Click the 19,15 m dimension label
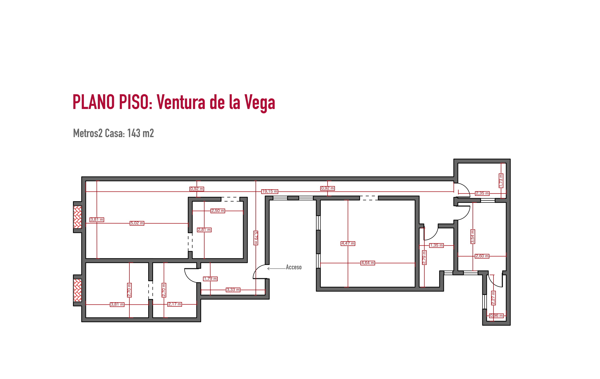pyautogui.click(x=270, y=192)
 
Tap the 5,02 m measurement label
pyautogui.click(x=137, y=223)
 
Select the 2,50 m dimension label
pyautogui.click(x=218, y=211)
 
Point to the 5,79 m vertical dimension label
pyautogui.click(x=256, y=238)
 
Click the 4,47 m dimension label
pyautogui.click(x=348, y=244)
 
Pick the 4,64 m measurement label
pyautogui.click(x=368, y=263)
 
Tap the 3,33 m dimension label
pyautogui.click(x=233, y=290)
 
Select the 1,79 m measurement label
pyautogui.click(x=210, y=279)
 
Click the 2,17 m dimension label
pyautogui.click(x=175, y=304)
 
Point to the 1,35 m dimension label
pyautogui.click(x=437, y=245)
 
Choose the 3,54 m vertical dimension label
pyautogui.click(x=473, y=237)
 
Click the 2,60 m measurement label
pyautogui.click(x=482, y=256)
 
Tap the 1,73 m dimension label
pyautogui.click(x=501, y=181)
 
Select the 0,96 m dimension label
pyautogui.click(x=497, y=316)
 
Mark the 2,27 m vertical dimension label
pyautogui.click(x=493, y=298)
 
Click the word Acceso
pyautogui.click(x=294, y=267)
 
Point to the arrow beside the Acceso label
pyautogui.click(x=276, y=269)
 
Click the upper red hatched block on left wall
pyautogui.click(x=78, y=217)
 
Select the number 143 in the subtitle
pyautogui.click(x=134, y=133)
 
